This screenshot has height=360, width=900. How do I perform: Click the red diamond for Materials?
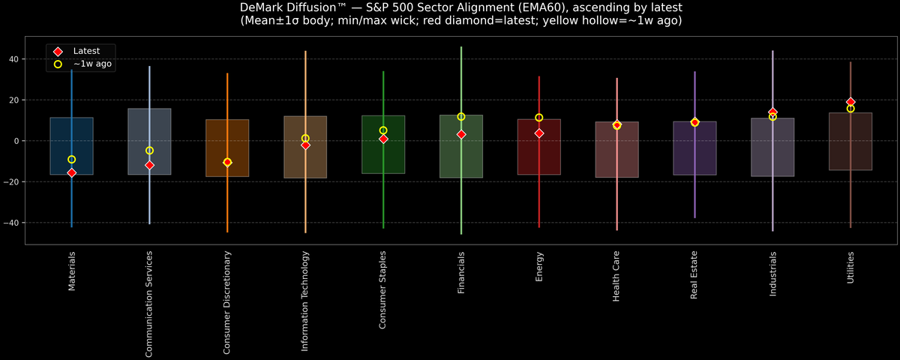(71, 172)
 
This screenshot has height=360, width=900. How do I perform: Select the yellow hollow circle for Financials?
(461, 116)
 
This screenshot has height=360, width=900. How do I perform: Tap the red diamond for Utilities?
(850, 102)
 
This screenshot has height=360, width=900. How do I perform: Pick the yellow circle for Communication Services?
(149, 151)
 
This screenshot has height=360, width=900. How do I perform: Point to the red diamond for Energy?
(538, 133)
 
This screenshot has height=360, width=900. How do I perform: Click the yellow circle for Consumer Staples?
(383, 130)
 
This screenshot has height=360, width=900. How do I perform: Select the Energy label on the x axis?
(539, 267)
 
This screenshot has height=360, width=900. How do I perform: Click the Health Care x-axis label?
(616, 276)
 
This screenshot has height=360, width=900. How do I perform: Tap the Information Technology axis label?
(305, 301)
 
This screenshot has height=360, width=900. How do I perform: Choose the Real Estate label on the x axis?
(694, 275)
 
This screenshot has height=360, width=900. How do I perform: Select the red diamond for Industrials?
(772, 112)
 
